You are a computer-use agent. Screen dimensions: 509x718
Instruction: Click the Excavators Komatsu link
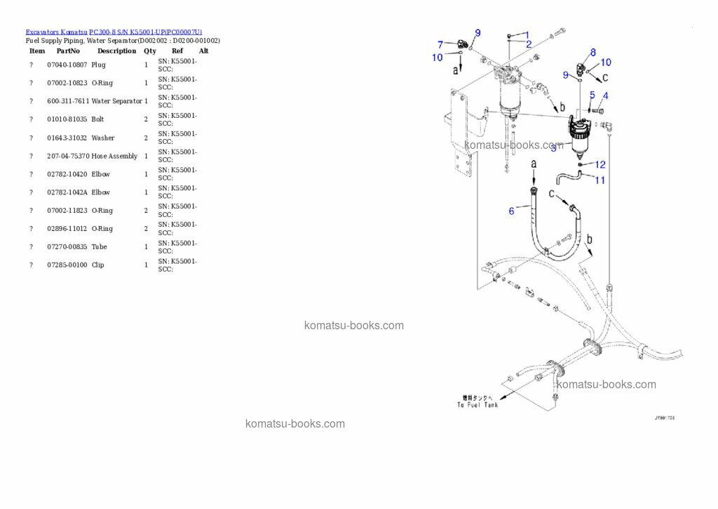(x=56, y=32)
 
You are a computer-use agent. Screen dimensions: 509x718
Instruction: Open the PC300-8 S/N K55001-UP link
(x=146, y=32)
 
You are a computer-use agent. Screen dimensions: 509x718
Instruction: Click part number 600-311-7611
(x=68, y=101)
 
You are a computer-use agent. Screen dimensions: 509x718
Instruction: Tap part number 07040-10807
(x=67, y=65)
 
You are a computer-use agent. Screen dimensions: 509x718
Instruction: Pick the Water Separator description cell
(x=116, y=101)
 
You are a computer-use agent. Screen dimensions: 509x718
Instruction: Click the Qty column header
(x=150, y=51)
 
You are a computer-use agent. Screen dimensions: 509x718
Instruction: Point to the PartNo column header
(x=68, y=51)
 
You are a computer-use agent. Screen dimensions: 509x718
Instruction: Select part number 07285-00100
(x=67, y=265)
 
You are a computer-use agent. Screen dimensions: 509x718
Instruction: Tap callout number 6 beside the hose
(x=511, y=210)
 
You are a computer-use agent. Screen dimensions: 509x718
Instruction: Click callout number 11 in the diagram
(x=600, y=180)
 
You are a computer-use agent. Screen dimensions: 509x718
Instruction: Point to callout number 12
(x=600, y=164)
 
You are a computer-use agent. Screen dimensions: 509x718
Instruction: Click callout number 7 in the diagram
(x=440, y=44)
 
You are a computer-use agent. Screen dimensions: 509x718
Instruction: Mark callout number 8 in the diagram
(x=592, y=52)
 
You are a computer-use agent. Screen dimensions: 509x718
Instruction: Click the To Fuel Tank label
(x=477, y=404)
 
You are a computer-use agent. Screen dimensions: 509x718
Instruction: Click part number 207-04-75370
(x=68, y=156)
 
